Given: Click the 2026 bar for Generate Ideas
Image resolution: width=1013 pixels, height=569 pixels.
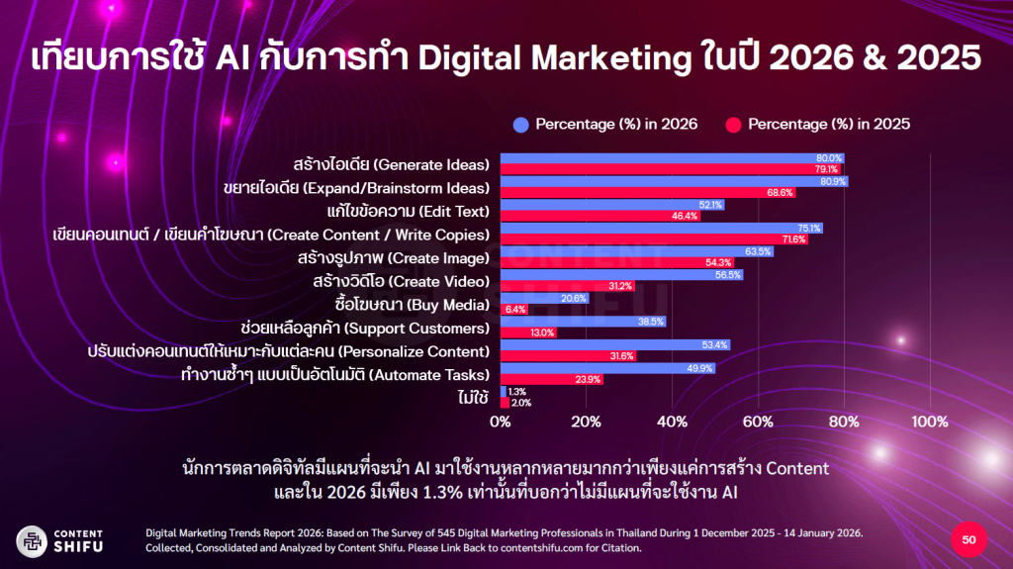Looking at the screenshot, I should click(672, 158).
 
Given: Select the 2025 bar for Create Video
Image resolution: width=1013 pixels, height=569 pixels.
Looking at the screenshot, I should click(567, 286).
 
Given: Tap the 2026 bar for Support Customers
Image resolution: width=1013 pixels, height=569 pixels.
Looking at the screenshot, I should click(583, 322).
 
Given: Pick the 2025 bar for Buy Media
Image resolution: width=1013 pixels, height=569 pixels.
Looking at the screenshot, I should click(514, 309).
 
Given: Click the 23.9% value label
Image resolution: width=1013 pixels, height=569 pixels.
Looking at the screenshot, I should click(588, 379).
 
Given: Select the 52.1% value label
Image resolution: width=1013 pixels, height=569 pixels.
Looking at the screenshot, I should click(710, 205).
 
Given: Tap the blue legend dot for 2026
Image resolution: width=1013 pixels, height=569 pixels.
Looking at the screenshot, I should click(520, 125).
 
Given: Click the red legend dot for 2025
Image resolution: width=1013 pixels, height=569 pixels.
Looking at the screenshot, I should click(733, 125).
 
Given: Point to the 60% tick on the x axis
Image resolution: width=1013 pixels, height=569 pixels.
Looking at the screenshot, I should click(758, 423).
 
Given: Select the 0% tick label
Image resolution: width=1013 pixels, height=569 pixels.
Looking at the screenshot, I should click(501, 423).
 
